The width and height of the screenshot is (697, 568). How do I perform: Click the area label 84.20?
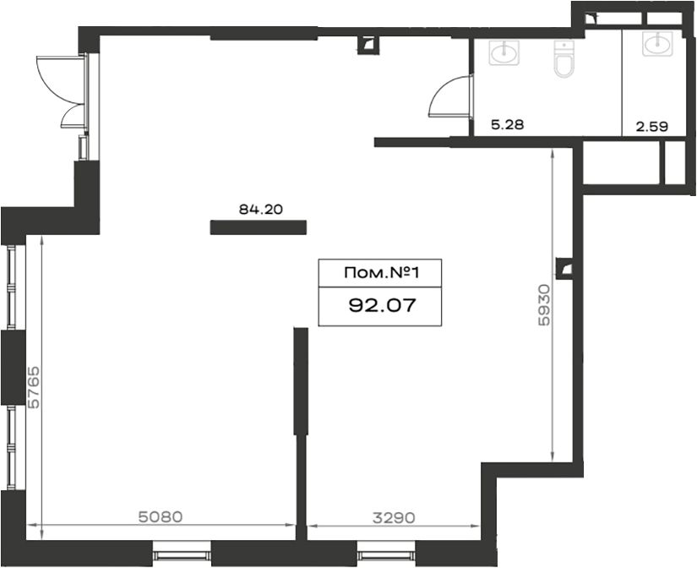(260, 209)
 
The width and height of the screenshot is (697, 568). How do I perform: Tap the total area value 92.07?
(382, 306)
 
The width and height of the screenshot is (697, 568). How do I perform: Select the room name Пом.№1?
(381, 273)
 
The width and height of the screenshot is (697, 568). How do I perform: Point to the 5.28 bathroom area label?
(507, 124)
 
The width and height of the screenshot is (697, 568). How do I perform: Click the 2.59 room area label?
(652, 127)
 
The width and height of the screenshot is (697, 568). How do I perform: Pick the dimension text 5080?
(161, 516)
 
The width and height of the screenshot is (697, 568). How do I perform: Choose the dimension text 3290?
(394, 517)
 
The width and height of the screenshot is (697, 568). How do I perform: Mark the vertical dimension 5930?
(543, 305)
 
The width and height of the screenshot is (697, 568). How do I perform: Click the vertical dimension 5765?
(34, 387)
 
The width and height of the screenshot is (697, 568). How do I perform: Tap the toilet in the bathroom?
(564, 59)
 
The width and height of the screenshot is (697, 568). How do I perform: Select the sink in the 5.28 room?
(504, 52)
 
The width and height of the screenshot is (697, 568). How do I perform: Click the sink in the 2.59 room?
(658, 44)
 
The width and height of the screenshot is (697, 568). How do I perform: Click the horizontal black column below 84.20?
(259, 227)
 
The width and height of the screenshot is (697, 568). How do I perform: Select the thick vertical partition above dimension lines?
(301, 381)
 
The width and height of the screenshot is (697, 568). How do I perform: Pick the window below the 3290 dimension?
(386, 554)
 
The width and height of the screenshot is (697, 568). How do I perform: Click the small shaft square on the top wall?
(369, 45)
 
